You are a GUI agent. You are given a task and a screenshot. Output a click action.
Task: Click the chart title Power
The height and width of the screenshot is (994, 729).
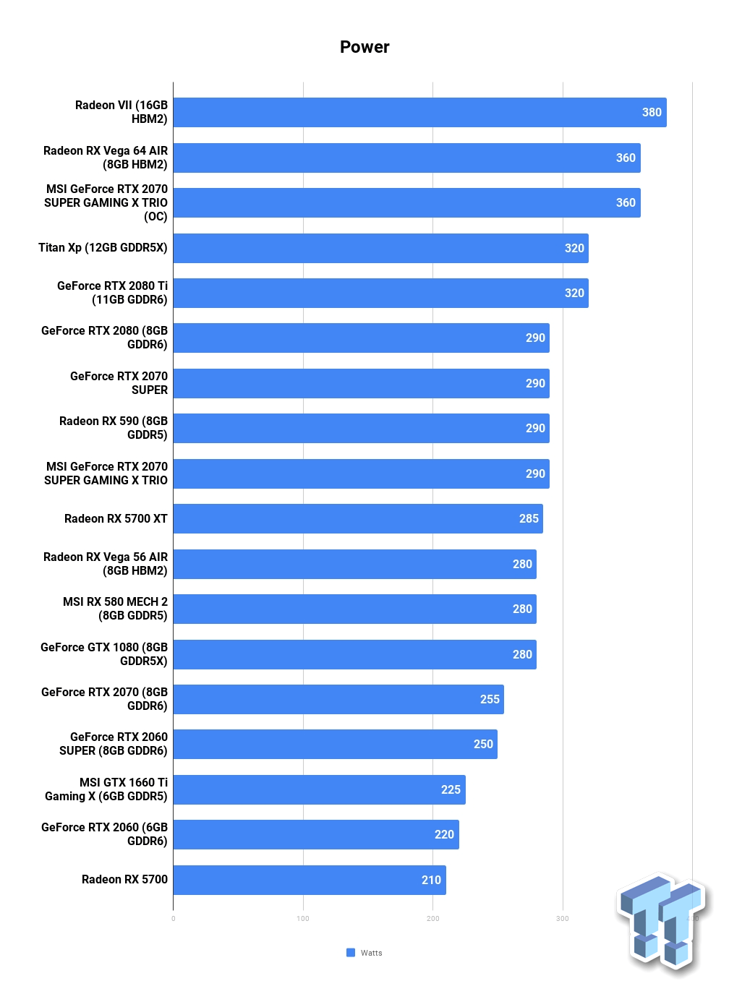(364, 47)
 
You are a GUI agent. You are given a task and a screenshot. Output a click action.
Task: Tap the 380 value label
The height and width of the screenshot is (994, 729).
(652, 113)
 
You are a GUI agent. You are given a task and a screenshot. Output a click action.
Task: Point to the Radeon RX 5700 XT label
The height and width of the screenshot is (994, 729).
(116, 518)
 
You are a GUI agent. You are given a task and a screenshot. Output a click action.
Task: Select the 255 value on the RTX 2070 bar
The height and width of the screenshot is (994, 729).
(490, 699)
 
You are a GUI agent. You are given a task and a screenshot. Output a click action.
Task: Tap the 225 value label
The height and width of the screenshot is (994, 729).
(451, 789)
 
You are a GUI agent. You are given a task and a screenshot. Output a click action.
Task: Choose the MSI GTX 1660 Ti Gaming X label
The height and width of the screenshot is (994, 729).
(106, 789)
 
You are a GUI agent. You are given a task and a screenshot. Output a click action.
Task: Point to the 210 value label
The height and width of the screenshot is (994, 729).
(431, 880)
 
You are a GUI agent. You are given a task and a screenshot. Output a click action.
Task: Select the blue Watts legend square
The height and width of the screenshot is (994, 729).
(351, 953)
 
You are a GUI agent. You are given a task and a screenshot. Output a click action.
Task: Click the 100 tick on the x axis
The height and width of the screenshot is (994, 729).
(303, 919)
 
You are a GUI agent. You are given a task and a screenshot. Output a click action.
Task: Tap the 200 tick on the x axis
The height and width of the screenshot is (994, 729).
(432, 919)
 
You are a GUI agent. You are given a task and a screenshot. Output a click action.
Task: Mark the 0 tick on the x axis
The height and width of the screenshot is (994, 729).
(174, 919)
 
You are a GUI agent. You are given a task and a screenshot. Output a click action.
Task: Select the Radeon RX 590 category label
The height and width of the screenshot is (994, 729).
(114, 428)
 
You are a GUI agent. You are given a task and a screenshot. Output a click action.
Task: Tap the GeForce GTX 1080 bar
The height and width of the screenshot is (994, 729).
(354, 654)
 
